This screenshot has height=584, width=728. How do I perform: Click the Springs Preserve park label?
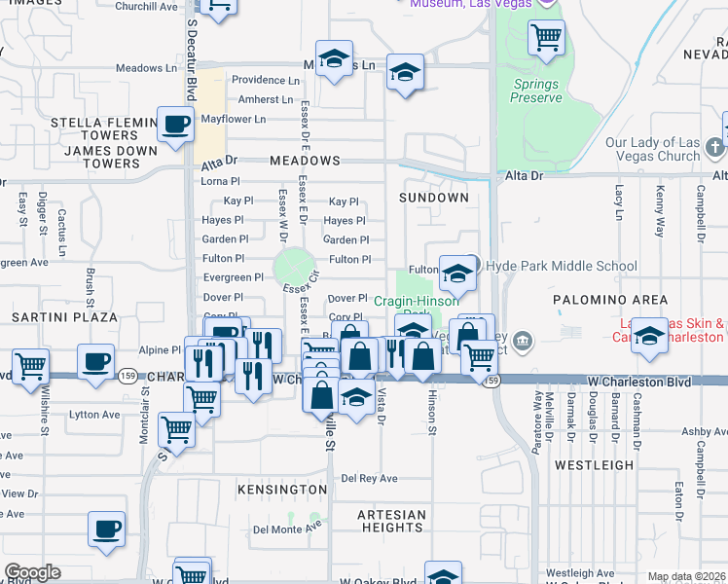point(536,90)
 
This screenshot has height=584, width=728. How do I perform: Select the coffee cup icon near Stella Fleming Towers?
point(175,124)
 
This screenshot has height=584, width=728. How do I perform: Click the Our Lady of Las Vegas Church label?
point(652,149)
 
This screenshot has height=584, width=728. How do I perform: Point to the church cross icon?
point(714,147)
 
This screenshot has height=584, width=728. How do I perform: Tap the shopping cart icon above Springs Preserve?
point(546,38)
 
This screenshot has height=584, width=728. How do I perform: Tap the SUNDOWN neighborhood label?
point(434,197)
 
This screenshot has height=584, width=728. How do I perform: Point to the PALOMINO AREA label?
point(610,299)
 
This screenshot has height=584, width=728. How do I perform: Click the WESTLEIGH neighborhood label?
point(595,465)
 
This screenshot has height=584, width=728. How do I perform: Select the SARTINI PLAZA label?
point(64,317)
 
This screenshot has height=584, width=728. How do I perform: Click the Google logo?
point(32,572)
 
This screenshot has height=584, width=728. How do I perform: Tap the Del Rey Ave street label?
point(369,478)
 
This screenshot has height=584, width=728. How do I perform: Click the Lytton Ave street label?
point(94,414)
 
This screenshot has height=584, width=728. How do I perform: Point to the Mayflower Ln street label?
point(234,119)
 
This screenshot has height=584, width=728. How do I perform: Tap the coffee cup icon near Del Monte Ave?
point(107,529)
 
